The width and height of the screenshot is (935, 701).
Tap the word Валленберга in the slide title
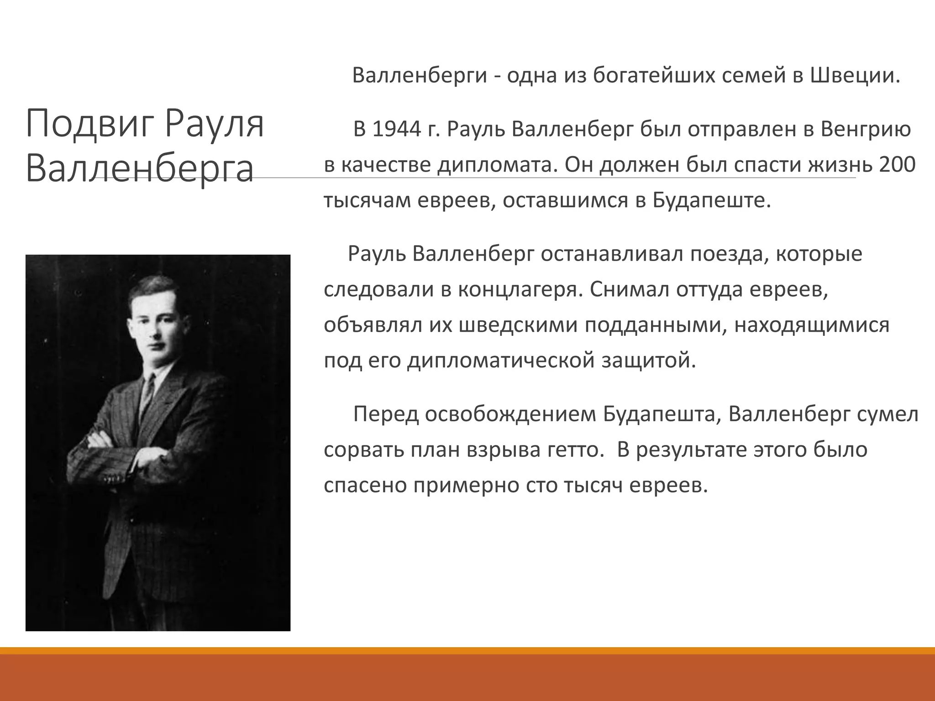(139, 169)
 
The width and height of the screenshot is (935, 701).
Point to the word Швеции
(855, 76)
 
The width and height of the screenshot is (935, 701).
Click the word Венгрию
(866, 130)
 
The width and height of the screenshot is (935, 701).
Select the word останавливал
(612, 254)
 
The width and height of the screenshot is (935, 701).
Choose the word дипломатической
(501, 361)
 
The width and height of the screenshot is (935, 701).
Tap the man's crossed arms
(123, 452)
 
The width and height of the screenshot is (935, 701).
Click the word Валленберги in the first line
(420, 76)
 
